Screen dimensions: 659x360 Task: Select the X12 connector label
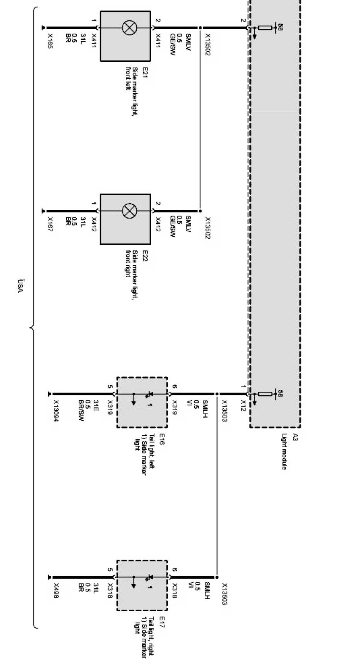[x=243, y=406]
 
